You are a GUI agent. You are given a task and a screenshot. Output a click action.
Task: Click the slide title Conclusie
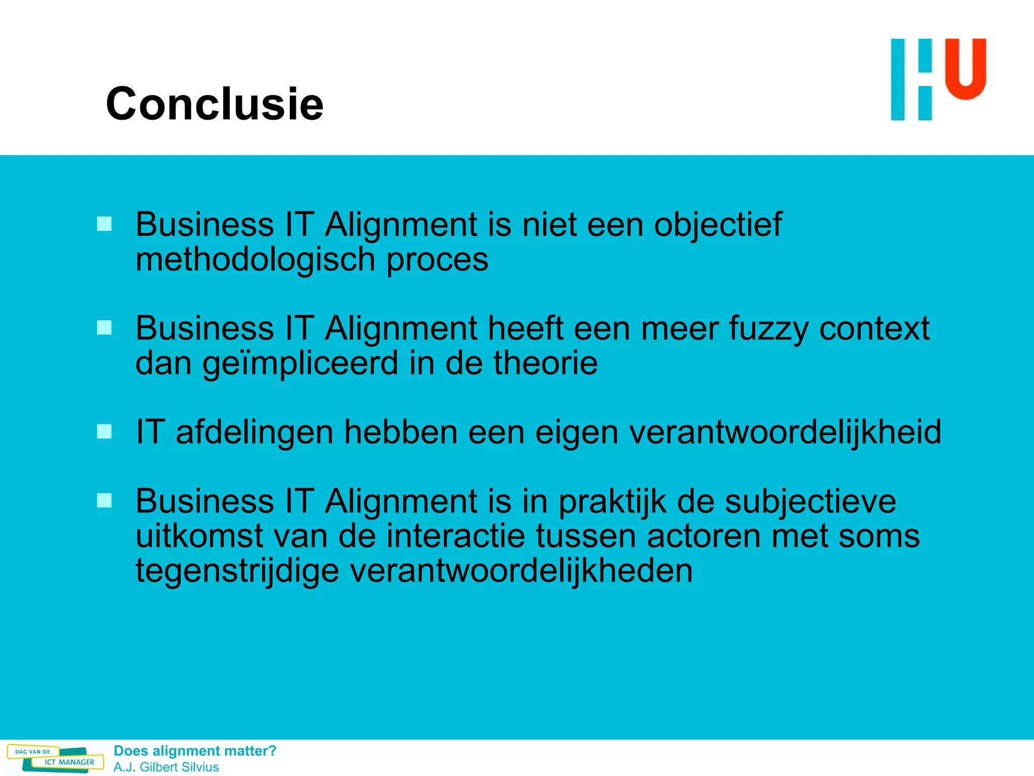[x=215, y=104]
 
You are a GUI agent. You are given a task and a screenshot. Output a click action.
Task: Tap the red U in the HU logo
[x=965, y=69]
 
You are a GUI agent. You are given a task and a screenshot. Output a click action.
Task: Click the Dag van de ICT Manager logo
[x=56, y=758]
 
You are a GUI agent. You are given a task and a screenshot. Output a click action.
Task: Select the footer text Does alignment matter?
[x=195, y=751]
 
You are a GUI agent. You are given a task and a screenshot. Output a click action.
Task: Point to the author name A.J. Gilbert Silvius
[x=166, y=767]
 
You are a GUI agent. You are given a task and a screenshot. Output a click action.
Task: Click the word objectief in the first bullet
[x=717, y=225]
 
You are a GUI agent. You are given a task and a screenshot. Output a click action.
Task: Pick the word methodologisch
[x=255, y=260]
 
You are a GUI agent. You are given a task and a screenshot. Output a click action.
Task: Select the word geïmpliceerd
[x=300, y=364]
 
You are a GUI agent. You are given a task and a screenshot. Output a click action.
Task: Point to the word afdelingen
[x=254, y=433]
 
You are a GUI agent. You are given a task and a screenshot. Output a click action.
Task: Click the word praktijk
[x=612, y=502]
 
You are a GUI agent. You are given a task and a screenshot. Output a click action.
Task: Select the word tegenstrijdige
[x=237, y=571]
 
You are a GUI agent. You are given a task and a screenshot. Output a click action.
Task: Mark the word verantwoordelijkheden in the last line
[x=521, y=571]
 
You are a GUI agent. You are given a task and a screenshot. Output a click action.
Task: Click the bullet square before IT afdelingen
[x=105, y=432]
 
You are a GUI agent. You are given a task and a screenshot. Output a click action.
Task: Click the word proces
[x=437, y=260]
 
